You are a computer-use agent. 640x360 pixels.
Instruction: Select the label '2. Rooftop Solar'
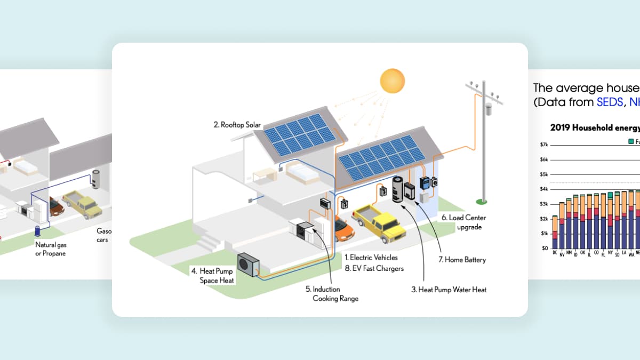(x=237, y=125)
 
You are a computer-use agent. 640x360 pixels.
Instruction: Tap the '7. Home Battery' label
(x=462, y=260)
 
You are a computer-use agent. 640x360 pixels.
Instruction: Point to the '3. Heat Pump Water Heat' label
(x=449, y=290)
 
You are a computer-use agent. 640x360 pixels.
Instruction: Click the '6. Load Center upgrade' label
(x=463, y=222)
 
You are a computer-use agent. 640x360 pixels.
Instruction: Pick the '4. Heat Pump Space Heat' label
(x=213, y=276)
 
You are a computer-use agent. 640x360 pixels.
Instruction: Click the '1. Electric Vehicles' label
(x=370, y=258)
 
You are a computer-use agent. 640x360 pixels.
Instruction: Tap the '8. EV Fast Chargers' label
(x=373, y=269)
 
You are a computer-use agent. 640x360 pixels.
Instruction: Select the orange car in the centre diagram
(x=344, y=229)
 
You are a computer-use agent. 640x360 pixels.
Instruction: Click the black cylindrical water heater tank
(x=397, y=190)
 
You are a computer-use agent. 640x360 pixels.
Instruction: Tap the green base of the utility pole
(x=482, y=201)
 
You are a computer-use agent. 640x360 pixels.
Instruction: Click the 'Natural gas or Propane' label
(x=51, y=249)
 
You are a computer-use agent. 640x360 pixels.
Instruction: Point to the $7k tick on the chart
(x=545, y=145)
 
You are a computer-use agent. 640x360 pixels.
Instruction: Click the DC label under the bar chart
(x=555, y=253)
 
